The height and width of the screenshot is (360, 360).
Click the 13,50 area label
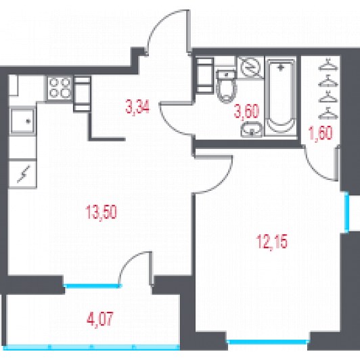pos(101,212)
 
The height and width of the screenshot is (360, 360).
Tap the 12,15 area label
pos(272,241)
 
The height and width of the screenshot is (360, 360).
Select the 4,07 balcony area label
pos(100,319)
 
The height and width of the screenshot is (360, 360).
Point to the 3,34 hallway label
pos(137,107)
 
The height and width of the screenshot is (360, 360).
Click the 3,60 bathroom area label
pos(246,111)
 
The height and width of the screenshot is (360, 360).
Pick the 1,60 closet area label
pos(321,133)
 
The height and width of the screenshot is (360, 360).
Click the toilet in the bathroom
pos(227,86)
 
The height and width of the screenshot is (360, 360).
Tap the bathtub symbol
pos(281,96)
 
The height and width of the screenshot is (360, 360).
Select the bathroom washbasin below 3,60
pos(252,129)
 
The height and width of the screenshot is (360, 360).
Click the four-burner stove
pos(60,89)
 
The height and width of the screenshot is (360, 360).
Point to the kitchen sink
pos(22,121)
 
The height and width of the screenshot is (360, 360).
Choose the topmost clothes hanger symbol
pos(328,65)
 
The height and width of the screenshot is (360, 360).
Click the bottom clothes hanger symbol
pos(328,113)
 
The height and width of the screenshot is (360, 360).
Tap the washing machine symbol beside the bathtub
pos(250,67)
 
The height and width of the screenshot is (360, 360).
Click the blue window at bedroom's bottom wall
pos(269,342)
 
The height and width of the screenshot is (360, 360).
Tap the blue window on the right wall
pos(346,212)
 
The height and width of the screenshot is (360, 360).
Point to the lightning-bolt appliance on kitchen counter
pos(22,174)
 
